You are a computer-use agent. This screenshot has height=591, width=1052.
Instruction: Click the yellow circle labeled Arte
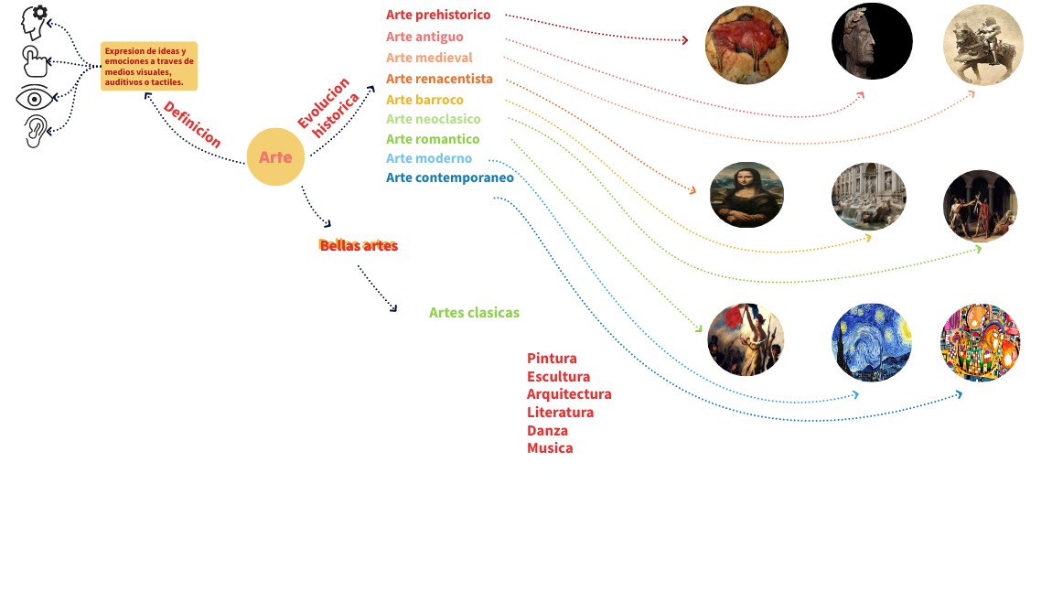[x=274, y=157]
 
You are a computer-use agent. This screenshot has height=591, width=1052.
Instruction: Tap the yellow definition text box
[x=149, y=66]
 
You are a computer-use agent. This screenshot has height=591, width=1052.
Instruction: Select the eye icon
[x=35, y=98]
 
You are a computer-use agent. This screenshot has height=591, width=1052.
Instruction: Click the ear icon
[x=34, y=131]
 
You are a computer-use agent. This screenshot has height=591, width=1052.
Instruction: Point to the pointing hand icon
[x=35, y=62]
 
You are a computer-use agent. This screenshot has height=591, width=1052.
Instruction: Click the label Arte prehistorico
[x=438, y=15]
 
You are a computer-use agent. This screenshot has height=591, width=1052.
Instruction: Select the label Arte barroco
[x=424, y=100]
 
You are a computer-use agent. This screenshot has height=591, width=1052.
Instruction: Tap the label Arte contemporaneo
[x=450, y=177]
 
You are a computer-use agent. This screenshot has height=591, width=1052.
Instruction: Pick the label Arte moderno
[x=429, y=158]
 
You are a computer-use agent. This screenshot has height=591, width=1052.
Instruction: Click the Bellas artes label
[x=359, y=245]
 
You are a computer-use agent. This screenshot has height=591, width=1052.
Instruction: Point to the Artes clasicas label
[x=474, y=313]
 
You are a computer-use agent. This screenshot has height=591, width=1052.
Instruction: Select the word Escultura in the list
[x=558, y=376]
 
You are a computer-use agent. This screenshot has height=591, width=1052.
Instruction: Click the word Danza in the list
[x=547, y=430]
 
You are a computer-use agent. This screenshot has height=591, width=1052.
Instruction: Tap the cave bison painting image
[x=746, y=45]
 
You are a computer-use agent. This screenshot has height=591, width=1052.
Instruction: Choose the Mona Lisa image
[x=746, y=195]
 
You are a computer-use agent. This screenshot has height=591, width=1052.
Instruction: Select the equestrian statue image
[x=982, y=44]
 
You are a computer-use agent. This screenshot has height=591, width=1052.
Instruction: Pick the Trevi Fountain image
[x=868, y=197]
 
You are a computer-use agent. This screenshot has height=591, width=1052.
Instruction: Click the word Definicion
[x=192, y=124]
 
